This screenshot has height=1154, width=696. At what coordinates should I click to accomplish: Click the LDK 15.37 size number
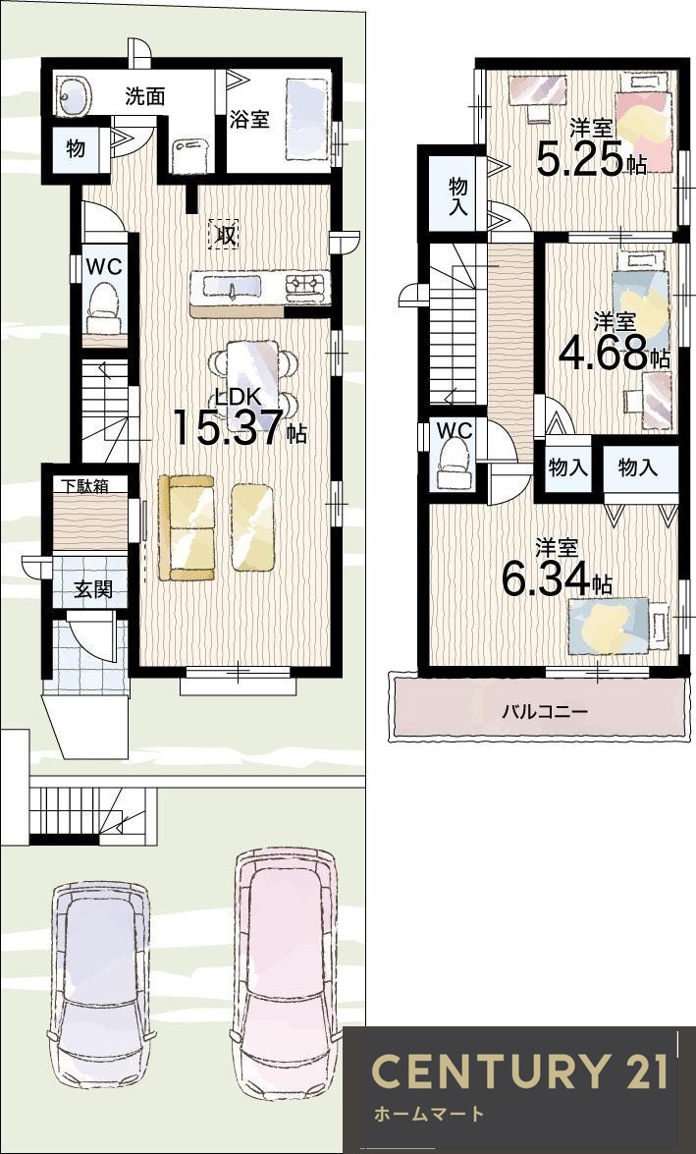(x=228, y=428)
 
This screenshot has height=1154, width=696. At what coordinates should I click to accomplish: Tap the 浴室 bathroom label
(x=249, y=119)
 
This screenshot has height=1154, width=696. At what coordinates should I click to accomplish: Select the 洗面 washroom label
(x=145, y=96)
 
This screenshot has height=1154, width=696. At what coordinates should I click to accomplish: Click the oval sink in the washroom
(x=74, y=96)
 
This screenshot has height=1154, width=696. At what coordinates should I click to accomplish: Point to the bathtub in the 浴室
(x=306, y=119)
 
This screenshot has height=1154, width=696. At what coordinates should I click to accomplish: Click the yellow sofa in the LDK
(x=187, y=527)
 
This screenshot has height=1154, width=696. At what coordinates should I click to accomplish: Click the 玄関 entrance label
(x=92, y=590)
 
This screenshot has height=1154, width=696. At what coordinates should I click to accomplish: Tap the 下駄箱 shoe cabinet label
(x=82, y=485)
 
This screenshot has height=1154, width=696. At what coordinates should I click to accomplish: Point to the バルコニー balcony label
(x=545, y=712)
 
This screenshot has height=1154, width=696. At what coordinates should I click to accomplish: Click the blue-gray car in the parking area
(x=101, y=985)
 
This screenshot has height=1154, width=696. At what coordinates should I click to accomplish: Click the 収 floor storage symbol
(x=224, y=235)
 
